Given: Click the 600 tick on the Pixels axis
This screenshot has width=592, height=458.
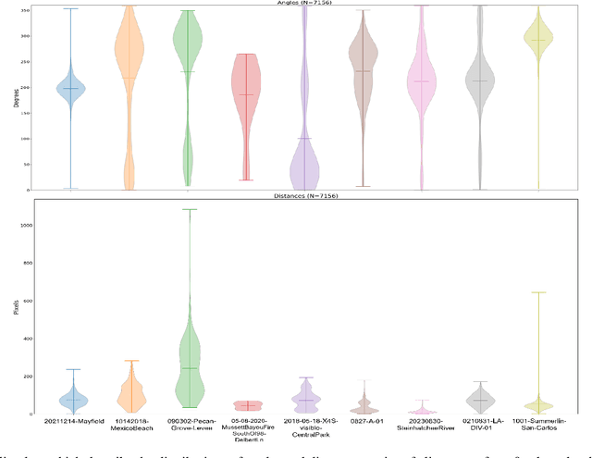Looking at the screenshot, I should point(25,301).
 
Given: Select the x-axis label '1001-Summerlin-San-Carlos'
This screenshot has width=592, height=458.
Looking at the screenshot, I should point(538,427).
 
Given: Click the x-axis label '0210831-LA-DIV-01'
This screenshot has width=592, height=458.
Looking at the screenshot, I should point(480,427).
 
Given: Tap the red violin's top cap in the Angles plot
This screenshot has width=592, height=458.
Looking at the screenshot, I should point(246,55).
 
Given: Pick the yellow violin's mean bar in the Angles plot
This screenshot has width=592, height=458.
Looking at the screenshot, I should point(538,40).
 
